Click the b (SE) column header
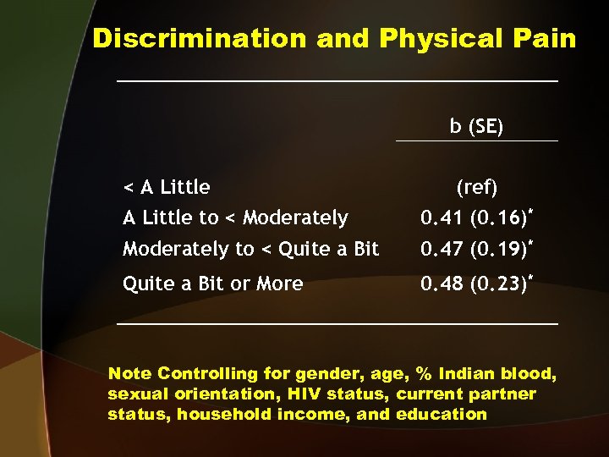click(476, 127)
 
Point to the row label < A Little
click(167, 186)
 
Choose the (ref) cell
click(477, 186)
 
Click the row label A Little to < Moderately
click(235, 218)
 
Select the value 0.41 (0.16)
click(475, 218)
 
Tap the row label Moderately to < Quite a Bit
click(250, 249)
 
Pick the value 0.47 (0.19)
click(475, 249)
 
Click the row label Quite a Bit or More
click(212, 284)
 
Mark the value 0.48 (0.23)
click(475, 284)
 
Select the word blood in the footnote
click(529, 374)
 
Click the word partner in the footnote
click(503, 394)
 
